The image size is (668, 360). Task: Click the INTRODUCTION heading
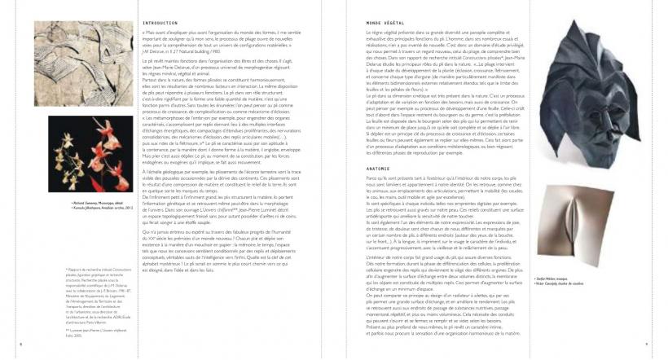coord(160,23)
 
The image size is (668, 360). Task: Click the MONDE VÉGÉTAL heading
coord(365,23)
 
